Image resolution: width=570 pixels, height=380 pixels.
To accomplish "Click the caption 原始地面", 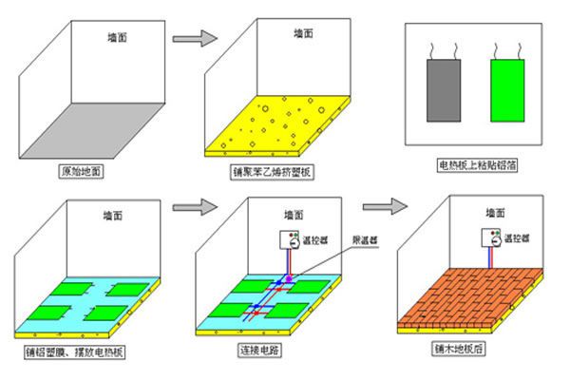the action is click(x=81, y=171).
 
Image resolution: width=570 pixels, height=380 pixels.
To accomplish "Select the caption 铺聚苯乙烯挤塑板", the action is click(x=272, y=172).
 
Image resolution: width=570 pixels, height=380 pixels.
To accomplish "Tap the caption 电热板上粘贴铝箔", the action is click(x=477, y=165).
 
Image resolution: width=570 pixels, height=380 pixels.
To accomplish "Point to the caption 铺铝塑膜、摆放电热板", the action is click(x=75, y=352).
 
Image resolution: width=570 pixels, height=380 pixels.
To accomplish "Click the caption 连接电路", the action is click(x=259, y=350).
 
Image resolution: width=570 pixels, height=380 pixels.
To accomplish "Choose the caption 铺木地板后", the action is click(x=459, y=349).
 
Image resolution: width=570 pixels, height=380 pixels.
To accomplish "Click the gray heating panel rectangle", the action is click(x=444, y=90).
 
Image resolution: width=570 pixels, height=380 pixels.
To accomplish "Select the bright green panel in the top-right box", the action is click(x=507, y=90).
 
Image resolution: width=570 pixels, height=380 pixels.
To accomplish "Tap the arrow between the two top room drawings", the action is click(x=195, y=38).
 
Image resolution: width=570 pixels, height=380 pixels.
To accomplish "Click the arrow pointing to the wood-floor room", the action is click(x=385, y=206).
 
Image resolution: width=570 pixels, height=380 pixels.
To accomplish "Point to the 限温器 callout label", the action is click(x=365, y=240).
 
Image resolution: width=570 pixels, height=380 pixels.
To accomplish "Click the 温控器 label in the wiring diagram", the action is click(x=315, y=240).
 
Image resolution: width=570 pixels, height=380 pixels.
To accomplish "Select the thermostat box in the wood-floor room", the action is click(x=491, y=237).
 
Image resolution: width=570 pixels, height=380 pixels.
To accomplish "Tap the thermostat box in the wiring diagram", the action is click(x=289, y=239).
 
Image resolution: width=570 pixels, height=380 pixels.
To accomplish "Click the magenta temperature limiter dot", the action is click(x=289, y=279).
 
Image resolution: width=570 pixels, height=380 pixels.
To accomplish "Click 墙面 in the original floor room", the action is click(x=118, y=37).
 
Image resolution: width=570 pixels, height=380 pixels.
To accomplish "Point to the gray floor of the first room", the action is click(x=92, y=130).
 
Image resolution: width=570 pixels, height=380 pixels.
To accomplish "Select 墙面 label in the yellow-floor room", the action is click(x=304, y=34).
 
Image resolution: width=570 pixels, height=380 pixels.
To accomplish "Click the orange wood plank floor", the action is click(x=470, y=296).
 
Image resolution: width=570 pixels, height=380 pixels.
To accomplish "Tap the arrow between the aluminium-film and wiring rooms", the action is click(x=195, y=207).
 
